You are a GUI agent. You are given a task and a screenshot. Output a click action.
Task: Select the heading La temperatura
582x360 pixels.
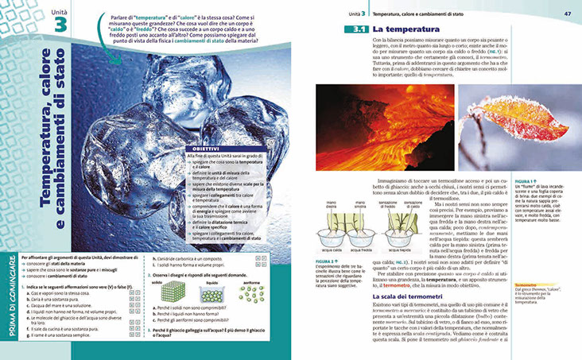point(401,30)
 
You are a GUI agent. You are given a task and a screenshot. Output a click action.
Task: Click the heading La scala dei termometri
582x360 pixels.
point(382,296)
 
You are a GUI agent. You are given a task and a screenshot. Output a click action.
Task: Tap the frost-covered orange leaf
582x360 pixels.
point(515,127)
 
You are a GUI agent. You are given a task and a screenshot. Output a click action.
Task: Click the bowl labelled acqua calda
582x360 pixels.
point(327,239)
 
